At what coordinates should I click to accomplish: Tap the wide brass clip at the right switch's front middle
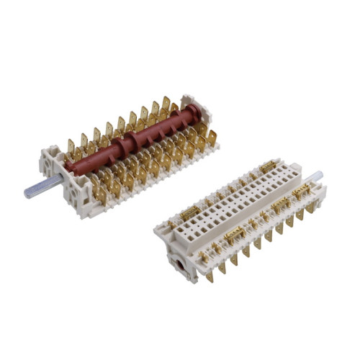(x=235, y=235)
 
